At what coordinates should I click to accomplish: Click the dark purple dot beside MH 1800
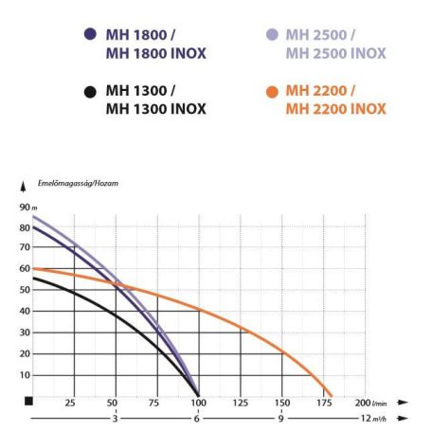coord(90,34)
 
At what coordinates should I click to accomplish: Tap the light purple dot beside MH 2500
coord(271,34)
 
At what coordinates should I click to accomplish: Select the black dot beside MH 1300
coord(90,91)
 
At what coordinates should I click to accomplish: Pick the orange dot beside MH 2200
coord(271,91)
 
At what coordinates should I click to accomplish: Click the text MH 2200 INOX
coord(335,109)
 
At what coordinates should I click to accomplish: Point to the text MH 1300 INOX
coord(155,109)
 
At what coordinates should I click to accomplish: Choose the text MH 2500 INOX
coord(335,53)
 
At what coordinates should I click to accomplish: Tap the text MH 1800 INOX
coord(155,53)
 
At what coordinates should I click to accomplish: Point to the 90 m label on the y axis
coord(25,207)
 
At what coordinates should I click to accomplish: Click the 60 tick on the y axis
coord(24,269)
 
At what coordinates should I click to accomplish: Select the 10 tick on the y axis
coord(24,375)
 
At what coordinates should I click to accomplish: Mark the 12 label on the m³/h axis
coord(364,419)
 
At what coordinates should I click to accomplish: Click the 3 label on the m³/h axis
coord(114,419)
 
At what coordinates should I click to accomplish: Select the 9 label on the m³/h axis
coord(281,419)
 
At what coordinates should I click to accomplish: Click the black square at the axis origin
coord(29,401)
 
